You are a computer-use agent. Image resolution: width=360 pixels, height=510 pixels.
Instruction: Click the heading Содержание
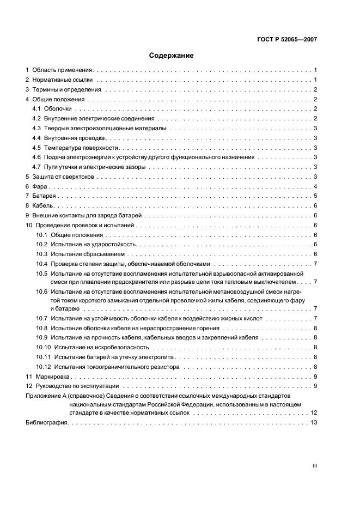point(172,56)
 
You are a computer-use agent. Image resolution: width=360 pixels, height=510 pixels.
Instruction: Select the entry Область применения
point(63,70)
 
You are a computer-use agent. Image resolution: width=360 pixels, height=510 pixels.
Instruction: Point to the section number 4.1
point(36,110)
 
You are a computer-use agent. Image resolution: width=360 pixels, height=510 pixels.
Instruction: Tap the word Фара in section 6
point(39,187)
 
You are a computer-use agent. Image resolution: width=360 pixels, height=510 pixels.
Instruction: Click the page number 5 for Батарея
point(315,196)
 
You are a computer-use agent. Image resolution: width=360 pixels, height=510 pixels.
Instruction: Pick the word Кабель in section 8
point(42,206)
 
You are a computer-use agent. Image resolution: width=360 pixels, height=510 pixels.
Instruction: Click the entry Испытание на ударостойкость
point(93,245)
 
